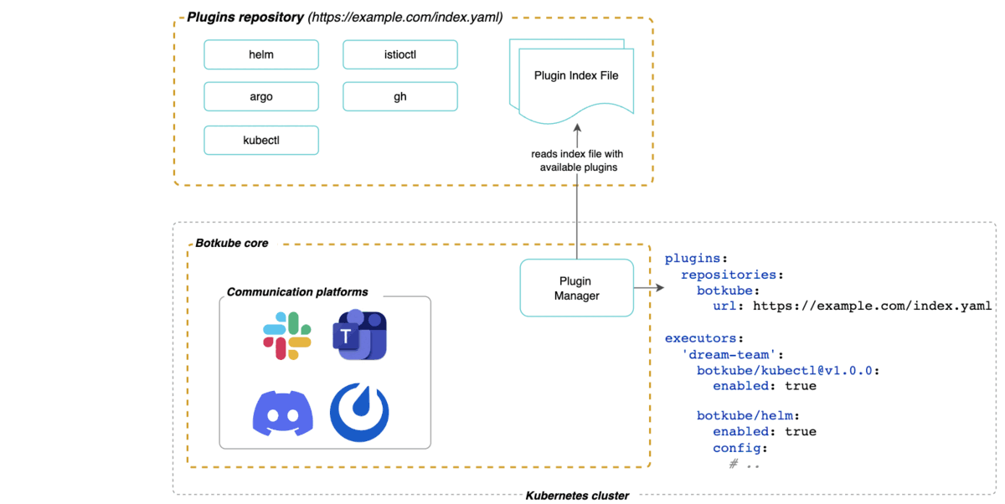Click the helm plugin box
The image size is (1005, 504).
(261, 54)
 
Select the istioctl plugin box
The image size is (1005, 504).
(400, 54)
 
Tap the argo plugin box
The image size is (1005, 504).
(261, 96)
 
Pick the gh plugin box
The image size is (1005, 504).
(400, 96)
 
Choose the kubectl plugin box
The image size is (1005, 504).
(261, 140)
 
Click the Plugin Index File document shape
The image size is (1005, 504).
(576, 80)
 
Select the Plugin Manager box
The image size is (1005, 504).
(576, 288)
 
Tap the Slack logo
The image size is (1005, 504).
(287, 336)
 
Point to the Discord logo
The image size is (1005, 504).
(283, 412)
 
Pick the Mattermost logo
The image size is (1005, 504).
(359, 412)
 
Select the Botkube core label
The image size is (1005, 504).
(232, 243)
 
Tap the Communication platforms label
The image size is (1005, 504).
(297, 292)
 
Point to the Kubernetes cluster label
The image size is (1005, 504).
(577, 496)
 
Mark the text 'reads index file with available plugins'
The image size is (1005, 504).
(577, 161)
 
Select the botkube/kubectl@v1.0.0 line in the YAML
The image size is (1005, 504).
(787, 370)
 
